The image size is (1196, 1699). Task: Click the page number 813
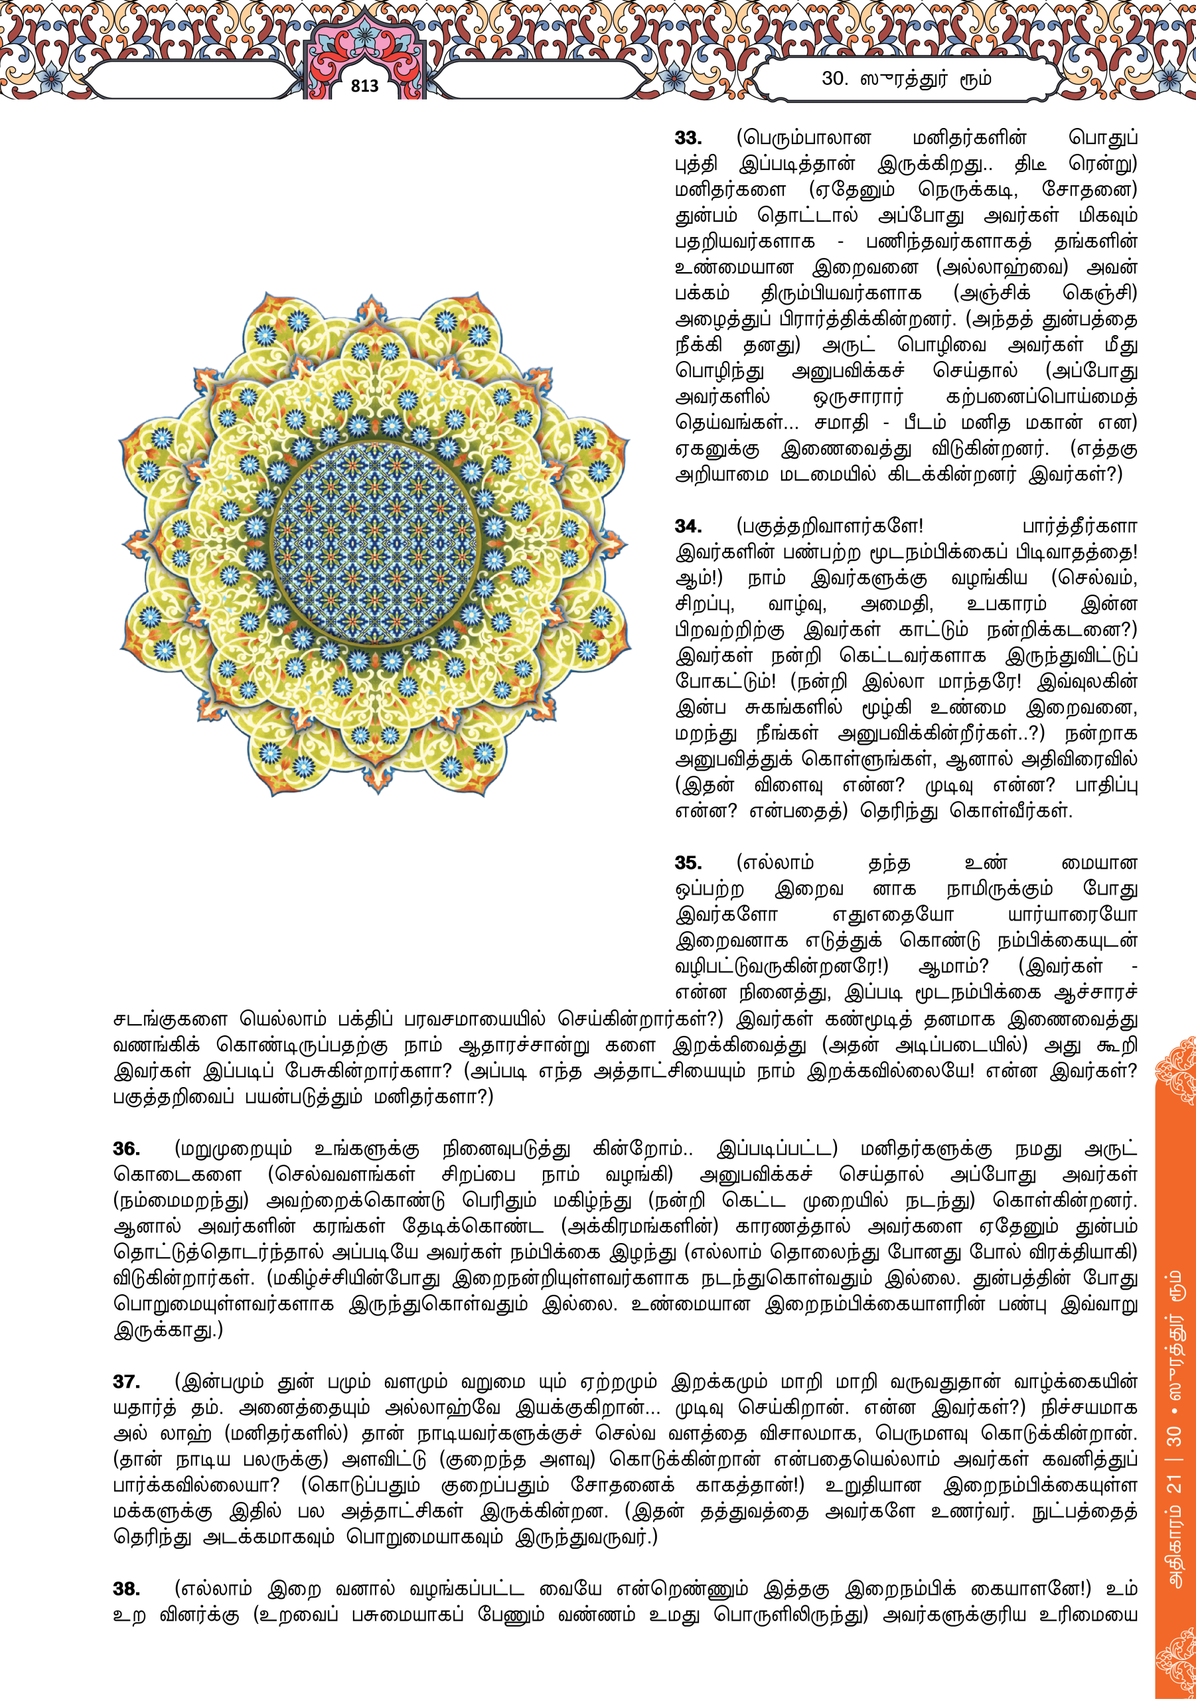pyautogui.click(x=364, y=86)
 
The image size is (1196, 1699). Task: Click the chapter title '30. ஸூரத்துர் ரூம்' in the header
pyautogui.click(x=906, y=78)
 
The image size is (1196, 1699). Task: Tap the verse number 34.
pyautogui.click(x=688, y=526)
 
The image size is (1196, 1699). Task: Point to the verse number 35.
pyautogui.click(x=688, y=863)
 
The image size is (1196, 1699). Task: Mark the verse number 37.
pyautogui.click(x=126, y=1382)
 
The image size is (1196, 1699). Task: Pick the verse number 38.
pyautogui.click(x=126, y=1589)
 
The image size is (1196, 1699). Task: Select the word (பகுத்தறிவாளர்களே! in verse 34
pyautogui.click(x=829, y=526)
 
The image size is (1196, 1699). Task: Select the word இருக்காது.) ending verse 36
pyautogui.click(x=168, y=1330)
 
